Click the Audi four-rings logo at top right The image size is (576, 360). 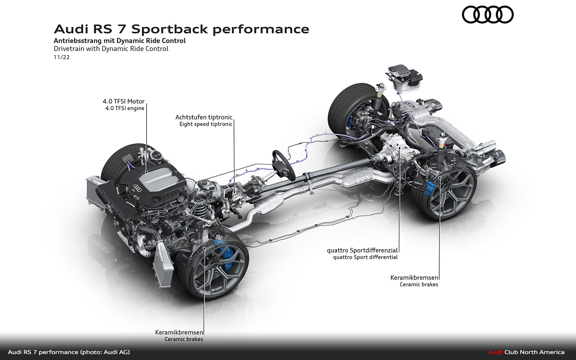487,15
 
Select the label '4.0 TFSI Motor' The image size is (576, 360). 123,102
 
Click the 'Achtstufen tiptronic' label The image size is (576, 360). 204,117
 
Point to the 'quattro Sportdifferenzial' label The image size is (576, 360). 362,250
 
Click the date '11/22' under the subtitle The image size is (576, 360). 62,57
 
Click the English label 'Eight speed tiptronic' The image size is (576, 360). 206,124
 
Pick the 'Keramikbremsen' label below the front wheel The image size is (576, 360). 179,332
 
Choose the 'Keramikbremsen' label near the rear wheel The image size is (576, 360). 414,278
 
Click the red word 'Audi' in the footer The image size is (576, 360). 495,352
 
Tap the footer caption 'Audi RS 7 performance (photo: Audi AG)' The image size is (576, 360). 69,352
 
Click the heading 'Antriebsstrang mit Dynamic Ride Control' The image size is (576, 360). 120,41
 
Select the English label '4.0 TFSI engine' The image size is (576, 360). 125,108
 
